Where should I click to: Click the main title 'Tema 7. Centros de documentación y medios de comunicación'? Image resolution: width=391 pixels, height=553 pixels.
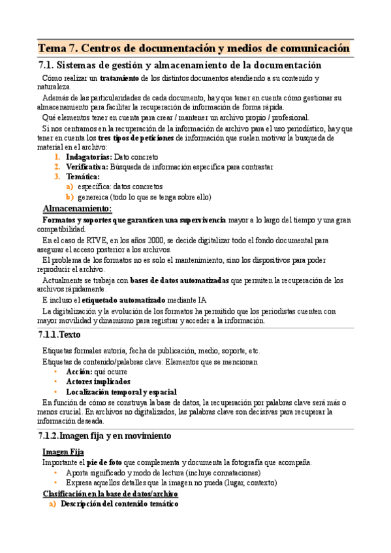point(194,49)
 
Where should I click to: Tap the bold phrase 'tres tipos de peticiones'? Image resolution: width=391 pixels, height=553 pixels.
point(135,138)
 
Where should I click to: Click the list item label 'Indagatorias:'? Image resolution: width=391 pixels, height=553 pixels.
point(89,157)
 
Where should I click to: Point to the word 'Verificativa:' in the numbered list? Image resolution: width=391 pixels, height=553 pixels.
point(87,167)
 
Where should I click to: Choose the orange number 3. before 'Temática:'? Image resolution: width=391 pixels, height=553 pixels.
point(57,177)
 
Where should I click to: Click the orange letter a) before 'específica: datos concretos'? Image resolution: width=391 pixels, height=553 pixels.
point(69,187)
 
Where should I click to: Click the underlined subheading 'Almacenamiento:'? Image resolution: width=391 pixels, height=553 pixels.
point(76,209)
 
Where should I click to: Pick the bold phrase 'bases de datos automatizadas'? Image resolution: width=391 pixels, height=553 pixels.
point(179,280)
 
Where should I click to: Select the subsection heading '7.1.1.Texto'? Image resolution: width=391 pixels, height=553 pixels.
point(60,335)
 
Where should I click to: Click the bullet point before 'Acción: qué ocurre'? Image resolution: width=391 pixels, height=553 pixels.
point(57,372)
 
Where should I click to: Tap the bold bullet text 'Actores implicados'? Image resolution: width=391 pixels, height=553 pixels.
point(98,381)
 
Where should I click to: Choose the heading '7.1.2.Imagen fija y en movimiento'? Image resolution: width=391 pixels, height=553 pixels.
point(105,436)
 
